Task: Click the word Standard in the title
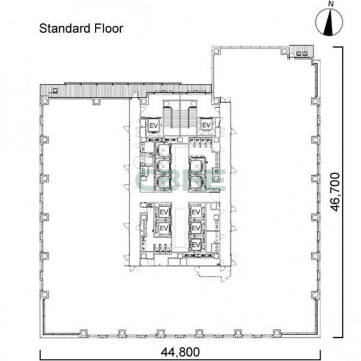64,29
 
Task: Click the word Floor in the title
109,29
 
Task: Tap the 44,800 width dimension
180,352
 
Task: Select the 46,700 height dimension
335,192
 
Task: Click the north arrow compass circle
329,23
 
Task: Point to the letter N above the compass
331,4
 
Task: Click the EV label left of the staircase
153,125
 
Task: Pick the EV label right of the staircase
206,125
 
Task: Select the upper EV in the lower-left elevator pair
164,212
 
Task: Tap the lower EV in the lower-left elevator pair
164,228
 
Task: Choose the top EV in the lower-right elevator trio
196,212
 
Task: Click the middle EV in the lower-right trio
196,228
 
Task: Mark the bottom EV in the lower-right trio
196,244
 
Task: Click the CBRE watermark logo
180,180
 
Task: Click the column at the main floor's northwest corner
44,101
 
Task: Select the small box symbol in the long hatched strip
55,90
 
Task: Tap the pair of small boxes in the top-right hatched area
302,53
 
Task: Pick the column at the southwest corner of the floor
44,295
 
